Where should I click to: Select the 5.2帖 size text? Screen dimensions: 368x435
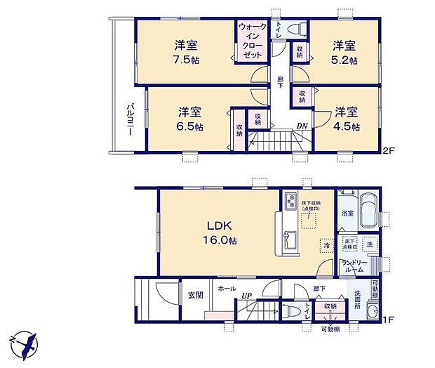[344, 60]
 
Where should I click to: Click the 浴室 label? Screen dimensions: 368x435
[347, 212]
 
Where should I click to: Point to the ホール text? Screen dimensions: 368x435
[227, 288]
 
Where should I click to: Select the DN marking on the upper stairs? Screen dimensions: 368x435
[302, 126]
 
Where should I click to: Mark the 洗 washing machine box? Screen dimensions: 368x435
[370, 245]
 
